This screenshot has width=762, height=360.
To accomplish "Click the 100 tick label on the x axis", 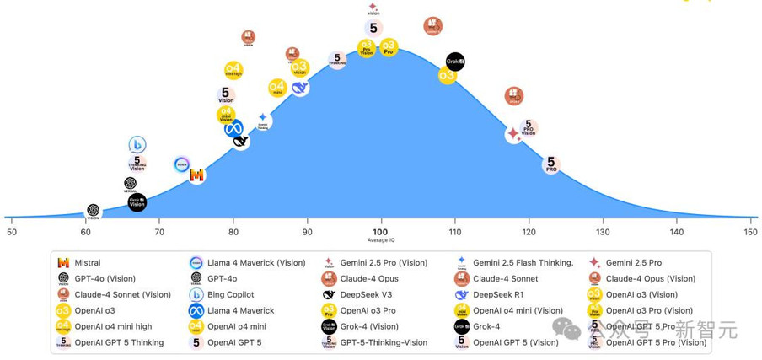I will tap(381, 232).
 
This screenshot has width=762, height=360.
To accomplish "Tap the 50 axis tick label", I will tap(11, 232).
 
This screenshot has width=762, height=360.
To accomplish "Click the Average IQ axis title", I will tap(381, 242).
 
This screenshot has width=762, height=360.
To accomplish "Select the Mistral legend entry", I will tap(87, 263).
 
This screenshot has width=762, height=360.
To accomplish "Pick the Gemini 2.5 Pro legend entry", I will tap(633, 263).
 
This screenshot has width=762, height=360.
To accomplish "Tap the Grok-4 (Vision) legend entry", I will tap(369, 327).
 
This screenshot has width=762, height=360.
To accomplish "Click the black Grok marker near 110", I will tap(455, 62).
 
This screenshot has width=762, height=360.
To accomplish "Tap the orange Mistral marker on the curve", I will tap(197, 175).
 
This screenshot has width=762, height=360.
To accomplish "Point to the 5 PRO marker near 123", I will tap(551, 164).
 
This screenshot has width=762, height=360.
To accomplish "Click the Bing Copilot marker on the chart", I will tap(137, 145).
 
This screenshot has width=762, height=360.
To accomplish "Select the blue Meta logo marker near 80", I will tap(233, 128).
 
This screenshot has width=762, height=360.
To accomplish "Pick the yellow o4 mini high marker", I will tap(233, 70).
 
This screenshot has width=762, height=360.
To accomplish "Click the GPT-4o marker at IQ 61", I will tap(94, 211).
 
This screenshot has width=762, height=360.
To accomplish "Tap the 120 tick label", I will tap(529, 232).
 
